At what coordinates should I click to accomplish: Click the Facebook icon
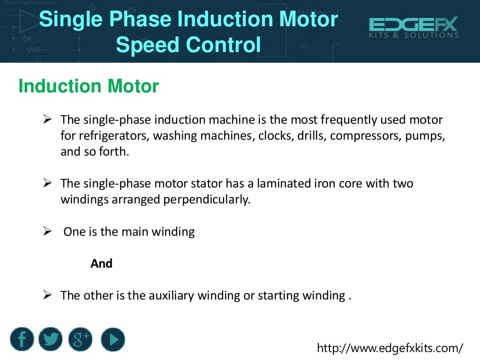(22, 339)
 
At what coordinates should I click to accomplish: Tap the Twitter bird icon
(51, 339)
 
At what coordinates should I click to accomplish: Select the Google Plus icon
(80, 339)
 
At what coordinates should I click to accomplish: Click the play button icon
(113, 339)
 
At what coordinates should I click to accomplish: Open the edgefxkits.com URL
(390, 348)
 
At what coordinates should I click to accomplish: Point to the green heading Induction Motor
(89, 86)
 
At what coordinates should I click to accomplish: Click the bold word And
(101, 263)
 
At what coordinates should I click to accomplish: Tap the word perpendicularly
(207, 199)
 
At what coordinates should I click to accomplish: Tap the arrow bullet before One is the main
(47, 231)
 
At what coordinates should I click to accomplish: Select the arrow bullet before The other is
(47, 295)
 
